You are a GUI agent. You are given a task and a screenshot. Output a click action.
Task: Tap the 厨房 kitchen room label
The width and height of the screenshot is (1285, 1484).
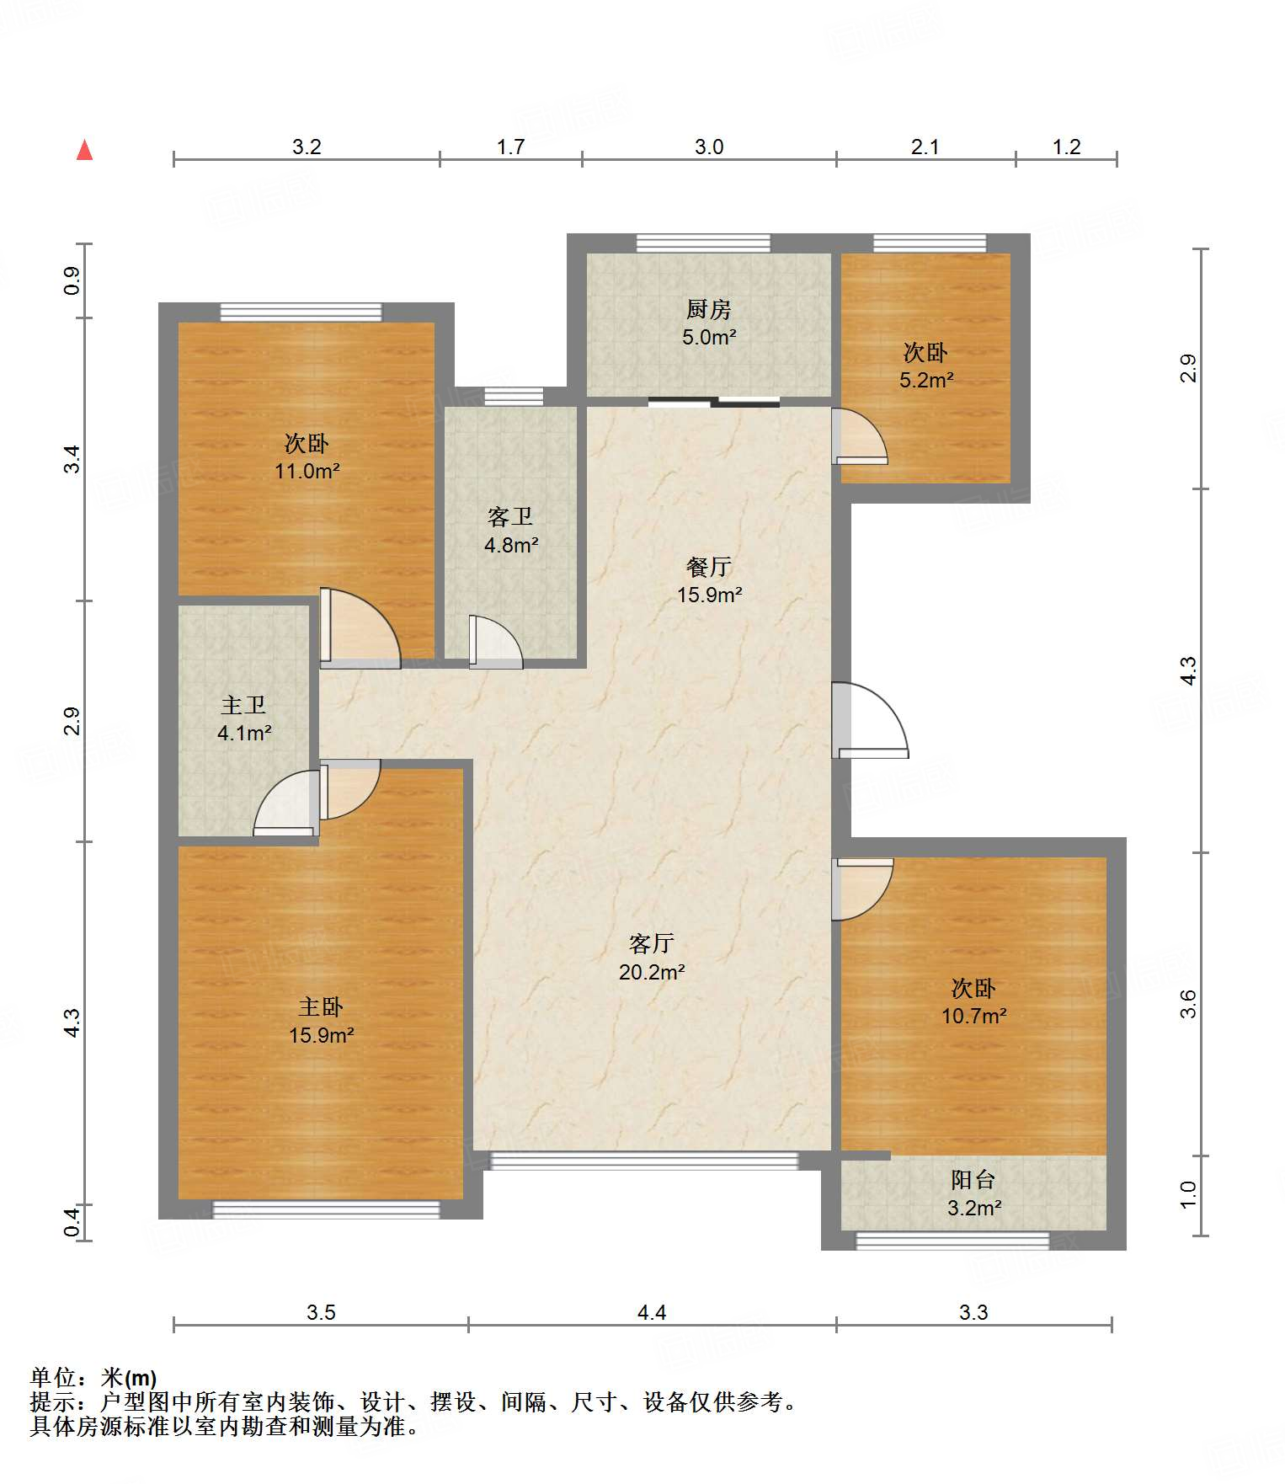click(708, 310)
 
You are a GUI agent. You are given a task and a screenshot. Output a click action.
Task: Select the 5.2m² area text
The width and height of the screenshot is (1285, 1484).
click(926, 380)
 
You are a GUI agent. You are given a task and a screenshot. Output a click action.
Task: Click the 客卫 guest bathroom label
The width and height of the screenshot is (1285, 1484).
click(510, 517)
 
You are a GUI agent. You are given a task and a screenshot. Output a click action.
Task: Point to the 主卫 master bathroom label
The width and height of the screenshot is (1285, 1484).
click(243, 705)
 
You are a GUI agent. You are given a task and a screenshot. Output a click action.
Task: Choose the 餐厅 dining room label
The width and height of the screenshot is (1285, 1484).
click(709, 567)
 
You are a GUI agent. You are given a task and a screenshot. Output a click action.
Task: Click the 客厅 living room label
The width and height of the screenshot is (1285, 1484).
click(652, 944)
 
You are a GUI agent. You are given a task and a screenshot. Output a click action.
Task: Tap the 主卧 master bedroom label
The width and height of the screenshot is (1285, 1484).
click(321, 1006)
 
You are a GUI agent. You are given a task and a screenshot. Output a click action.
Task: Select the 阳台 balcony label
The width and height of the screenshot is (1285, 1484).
click(973, 1180)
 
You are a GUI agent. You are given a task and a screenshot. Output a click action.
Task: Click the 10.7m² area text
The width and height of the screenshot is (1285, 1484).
click(974, 1017)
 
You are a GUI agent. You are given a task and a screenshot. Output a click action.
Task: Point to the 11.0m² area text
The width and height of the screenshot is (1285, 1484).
click(307, 472)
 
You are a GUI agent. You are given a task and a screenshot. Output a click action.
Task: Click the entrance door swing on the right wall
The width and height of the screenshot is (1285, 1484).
click(871, 719)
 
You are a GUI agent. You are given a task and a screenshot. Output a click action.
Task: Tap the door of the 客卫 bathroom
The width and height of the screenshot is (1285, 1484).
click(496, 642)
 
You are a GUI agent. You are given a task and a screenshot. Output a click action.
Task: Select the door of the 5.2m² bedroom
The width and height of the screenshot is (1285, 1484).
click(860, 435)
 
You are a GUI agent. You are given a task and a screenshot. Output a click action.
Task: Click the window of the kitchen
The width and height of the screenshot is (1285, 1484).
click(703, 243)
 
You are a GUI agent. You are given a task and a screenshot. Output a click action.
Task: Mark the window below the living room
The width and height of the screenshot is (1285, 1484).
click(644, 1161)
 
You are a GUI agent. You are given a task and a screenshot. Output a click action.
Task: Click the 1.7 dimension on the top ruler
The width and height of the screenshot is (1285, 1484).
click(510, 147)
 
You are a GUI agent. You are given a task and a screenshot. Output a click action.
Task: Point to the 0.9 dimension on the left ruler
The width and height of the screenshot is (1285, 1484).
click(72, 280)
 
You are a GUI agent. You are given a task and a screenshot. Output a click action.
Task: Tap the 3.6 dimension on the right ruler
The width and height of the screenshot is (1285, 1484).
click(1188, 1004)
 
